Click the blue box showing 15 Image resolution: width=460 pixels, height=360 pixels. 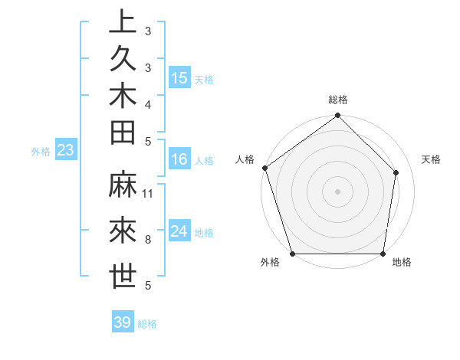[179, 78]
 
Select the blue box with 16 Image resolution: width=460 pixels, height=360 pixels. [179, 160]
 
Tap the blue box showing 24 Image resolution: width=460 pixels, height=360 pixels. [179, 232]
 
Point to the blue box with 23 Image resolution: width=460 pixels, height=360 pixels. [65, 151]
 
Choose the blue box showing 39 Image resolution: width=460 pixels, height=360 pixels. [123, 322]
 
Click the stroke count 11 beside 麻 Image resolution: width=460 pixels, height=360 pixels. [149, 193]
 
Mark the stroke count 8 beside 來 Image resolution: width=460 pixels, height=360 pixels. [148, 240]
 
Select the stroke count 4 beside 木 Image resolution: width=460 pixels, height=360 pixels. [148, 103]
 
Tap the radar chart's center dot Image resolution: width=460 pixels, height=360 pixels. [337, 191]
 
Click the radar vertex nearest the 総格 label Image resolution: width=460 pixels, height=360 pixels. [337, 116]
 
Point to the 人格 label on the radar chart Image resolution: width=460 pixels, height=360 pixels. [245, 159]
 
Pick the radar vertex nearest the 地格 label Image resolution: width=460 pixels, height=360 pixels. [383, 254]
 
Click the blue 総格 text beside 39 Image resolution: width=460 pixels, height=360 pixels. [147, 324]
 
